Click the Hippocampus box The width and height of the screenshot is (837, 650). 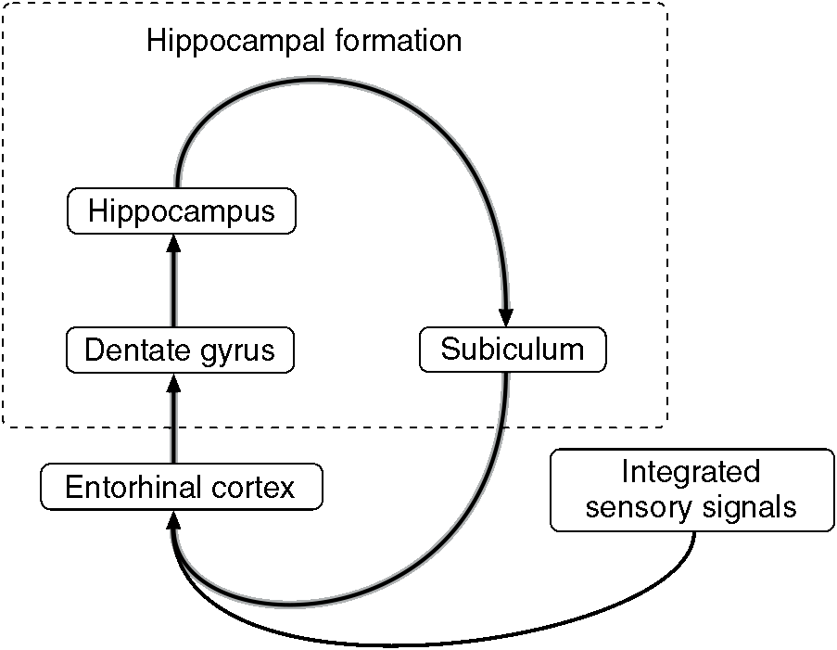pos(182,210)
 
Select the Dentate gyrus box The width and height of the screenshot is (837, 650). pos(180,350)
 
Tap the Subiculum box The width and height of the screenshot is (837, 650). pos(513,350)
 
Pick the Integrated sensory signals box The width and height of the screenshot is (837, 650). pos(691,490)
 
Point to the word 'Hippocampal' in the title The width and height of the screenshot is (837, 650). pos(229,42)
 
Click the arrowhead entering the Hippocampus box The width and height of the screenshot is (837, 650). pos(173,243)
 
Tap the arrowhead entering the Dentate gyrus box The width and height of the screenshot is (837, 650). pos(173,381)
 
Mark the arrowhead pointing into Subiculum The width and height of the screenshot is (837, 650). pos(506,319)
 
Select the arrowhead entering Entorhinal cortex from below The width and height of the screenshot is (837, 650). pos(173,520)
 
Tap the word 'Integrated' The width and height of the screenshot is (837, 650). pos(691,472)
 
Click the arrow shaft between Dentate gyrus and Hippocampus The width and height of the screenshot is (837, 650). pos(173,287)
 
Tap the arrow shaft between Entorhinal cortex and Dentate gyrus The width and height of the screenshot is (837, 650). pos(173,427)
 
